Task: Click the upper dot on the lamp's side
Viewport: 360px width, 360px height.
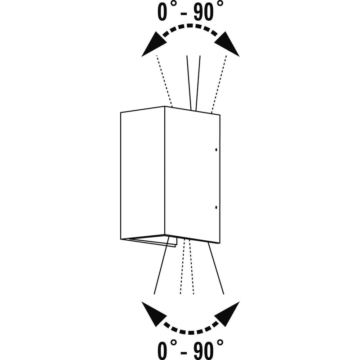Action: point(216,150)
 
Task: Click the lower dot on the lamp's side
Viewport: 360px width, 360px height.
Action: point(216,207)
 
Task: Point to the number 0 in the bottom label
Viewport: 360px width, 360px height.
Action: point(162,351)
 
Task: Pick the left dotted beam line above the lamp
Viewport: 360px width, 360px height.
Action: point(164,81)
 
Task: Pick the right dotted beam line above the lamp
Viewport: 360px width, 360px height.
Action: point(219,84)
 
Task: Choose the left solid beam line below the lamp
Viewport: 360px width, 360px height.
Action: point(162,265)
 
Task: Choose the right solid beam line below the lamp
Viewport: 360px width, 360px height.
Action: point(216,268)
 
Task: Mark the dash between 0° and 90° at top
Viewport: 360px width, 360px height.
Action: point(184,14)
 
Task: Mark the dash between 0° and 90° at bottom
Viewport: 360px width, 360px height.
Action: point(184,351)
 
